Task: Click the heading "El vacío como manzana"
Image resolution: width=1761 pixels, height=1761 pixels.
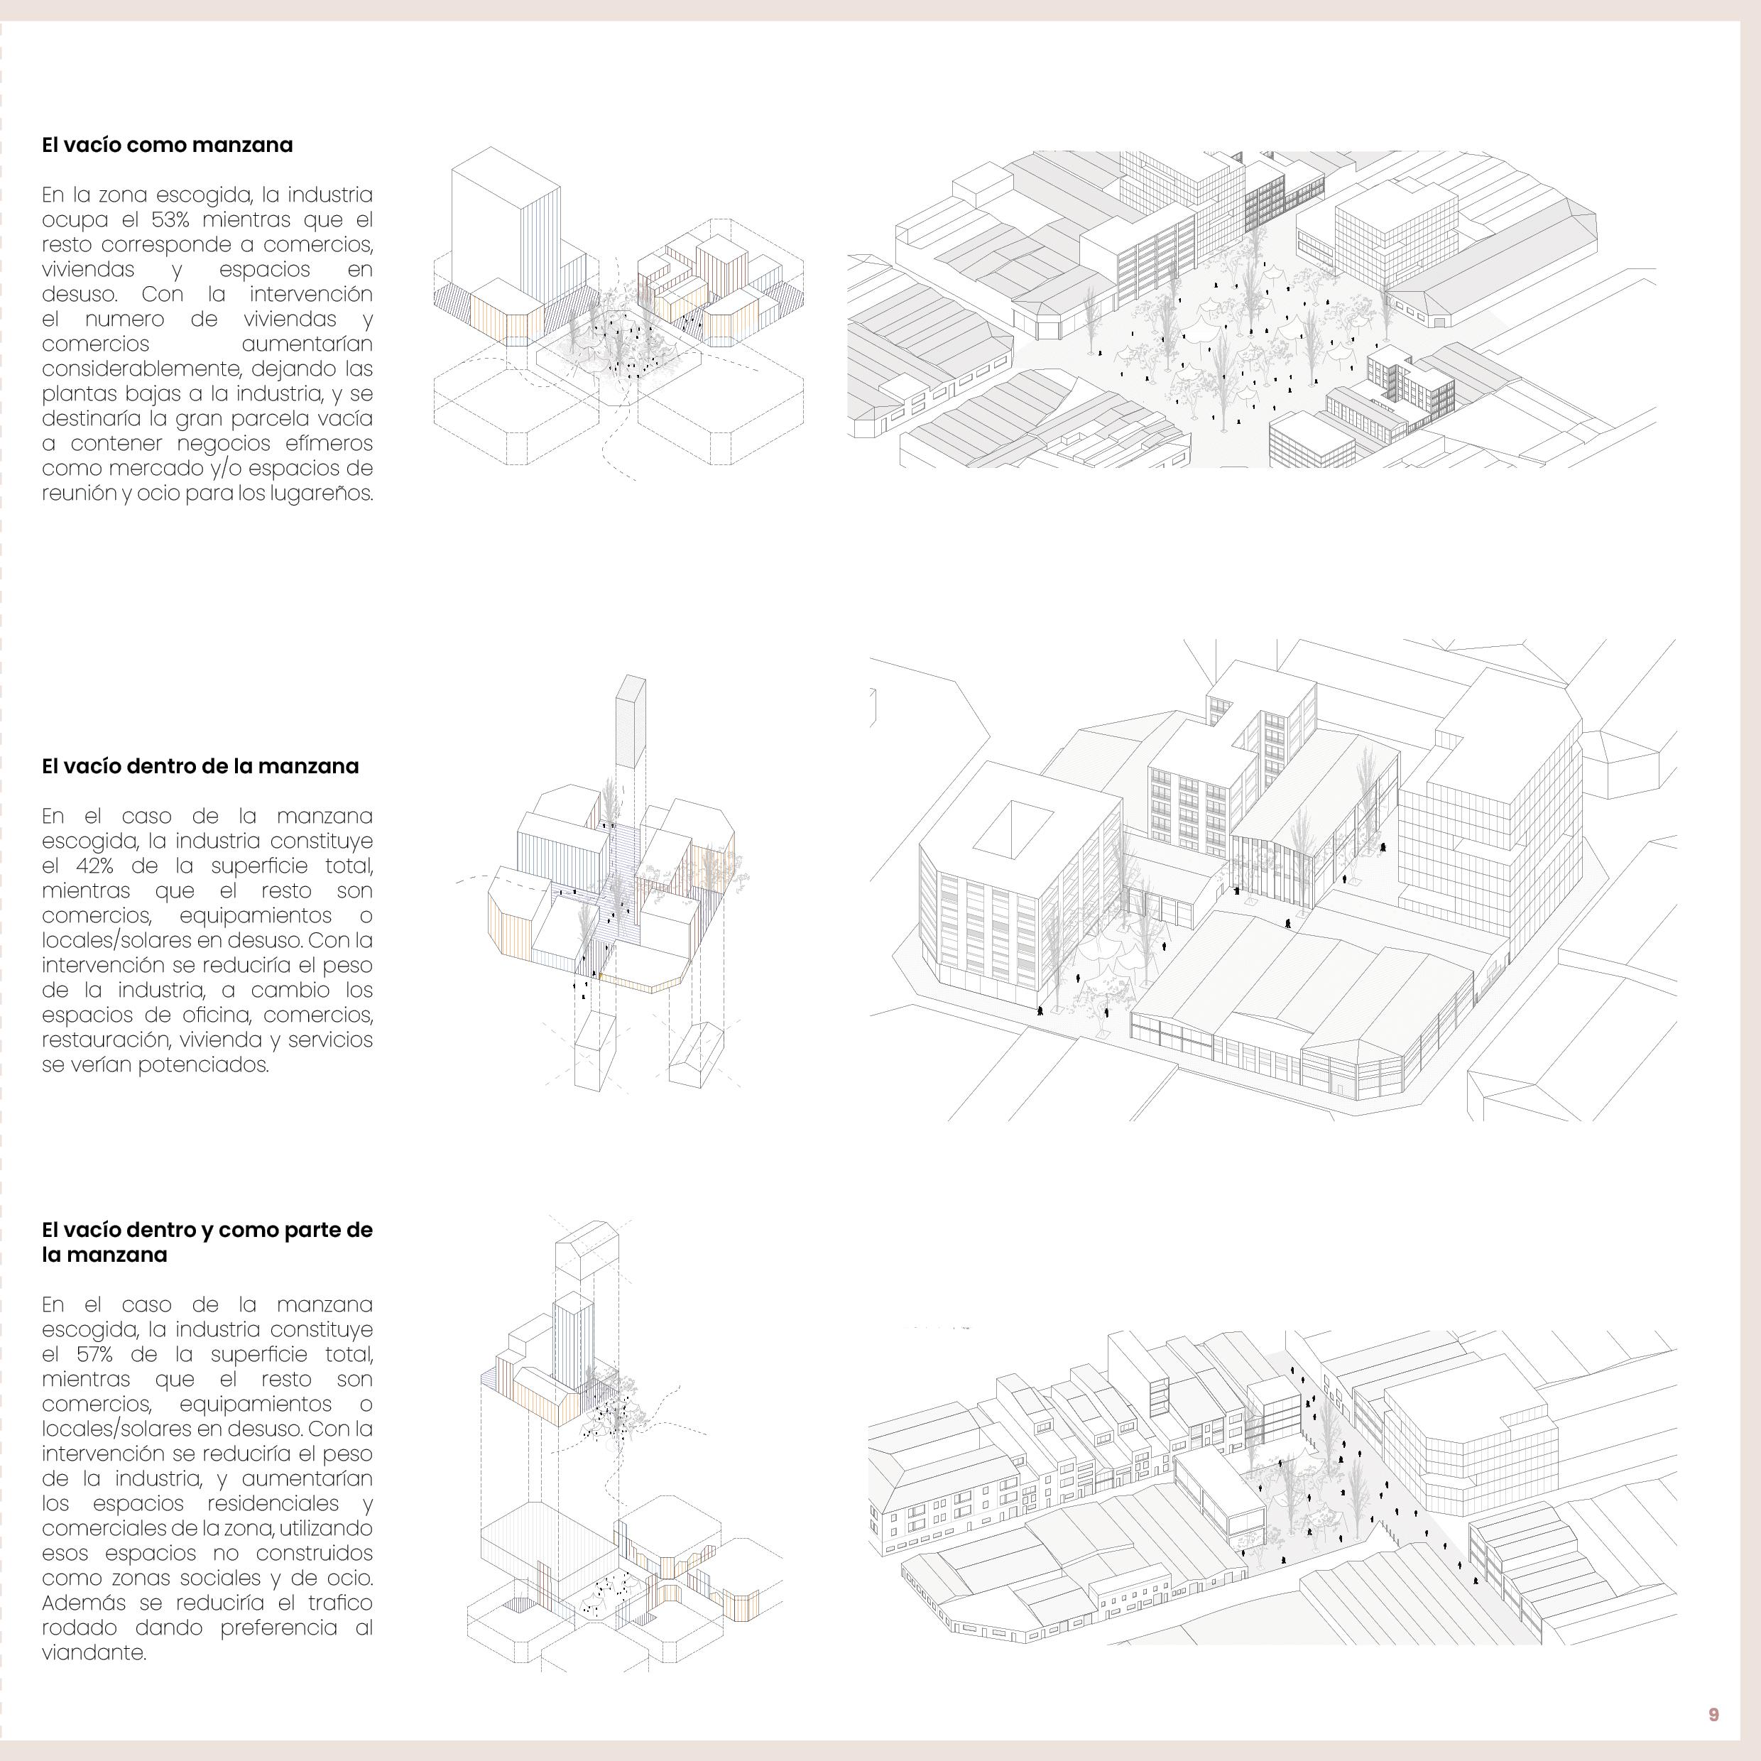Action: click(167, 145)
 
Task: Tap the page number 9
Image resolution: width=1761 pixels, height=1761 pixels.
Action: click(1713, 1715)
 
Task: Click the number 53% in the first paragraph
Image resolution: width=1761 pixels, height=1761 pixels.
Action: click(170, 219)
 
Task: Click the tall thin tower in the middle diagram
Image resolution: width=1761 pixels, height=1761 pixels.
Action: click(629, 729)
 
